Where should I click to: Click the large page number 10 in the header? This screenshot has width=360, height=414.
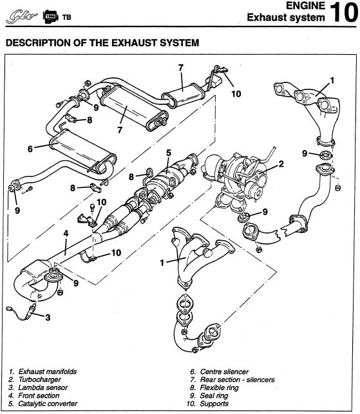point(344,12)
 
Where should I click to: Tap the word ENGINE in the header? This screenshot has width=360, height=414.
point(306,6)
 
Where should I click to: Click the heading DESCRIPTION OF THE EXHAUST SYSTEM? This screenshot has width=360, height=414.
point(102,42)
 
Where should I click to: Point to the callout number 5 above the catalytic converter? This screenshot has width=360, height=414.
point(169,153)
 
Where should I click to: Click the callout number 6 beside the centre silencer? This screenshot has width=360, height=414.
point(30,149)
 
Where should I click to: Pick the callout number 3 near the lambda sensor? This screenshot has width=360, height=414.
point(48,317)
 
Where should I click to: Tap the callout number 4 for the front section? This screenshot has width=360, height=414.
point(66,233)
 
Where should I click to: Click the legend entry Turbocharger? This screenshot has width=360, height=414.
point(39,380)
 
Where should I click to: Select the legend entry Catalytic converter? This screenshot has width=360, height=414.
point(48,404)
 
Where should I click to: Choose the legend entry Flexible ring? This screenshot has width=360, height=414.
point(219,388)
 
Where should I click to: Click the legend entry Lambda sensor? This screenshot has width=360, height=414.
point(43,388)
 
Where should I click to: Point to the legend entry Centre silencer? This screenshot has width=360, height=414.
point(224,372)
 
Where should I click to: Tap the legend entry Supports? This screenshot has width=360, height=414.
point(214,404)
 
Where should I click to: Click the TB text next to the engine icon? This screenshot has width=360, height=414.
point(66,17)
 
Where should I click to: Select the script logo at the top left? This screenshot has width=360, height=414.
point(22,17)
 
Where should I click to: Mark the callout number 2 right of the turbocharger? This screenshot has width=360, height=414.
point(281,164)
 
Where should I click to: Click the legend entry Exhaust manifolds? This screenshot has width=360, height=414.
point(47,372)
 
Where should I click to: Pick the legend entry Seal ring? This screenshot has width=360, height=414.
point(214,396)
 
